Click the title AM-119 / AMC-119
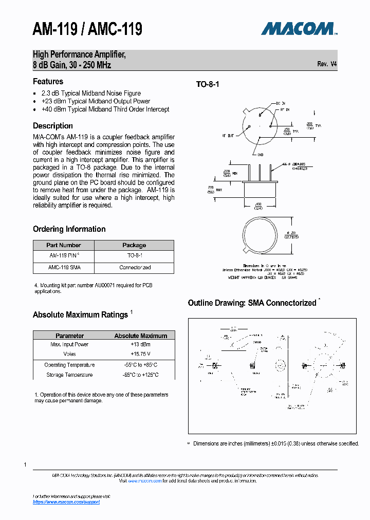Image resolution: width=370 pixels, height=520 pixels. (87, 30)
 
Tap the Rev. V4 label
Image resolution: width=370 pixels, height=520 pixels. (327, 64)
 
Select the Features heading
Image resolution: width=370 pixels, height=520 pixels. (48, 81)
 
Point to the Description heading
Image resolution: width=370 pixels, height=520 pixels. (53, 126)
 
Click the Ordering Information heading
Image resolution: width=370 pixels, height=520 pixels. (69, 229)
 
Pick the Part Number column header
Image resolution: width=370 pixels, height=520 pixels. (64, 245)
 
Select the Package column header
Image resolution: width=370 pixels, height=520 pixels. (134, 245)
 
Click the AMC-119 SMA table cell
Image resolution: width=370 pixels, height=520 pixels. (64, 268)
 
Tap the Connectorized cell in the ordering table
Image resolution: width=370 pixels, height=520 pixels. (135, 268)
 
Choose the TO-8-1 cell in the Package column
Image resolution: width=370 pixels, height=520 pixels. (135, 255)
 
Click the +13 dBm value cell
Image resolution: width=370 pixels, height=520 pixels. (140, 345)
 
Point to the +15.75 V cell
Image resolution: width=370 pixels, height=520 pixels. (140, 354)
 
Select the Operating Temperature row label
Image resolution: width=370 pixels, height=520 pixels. (69, 365)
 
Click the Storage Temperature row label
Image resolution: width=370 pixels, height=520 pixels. (69, 375)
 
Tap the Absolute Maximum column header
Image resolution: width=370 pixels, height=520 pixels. (140, 336)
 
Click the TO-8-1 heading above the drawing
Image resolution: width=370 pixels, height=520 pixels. (208, 84)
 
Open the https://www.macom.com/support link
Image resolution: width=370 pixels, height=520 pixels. (66, 502)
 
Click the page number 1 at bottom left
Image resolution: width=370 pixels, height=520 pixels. (25, 465)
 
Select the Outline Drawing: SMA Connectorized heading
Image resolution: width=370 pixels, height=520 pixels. (252, 303)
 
